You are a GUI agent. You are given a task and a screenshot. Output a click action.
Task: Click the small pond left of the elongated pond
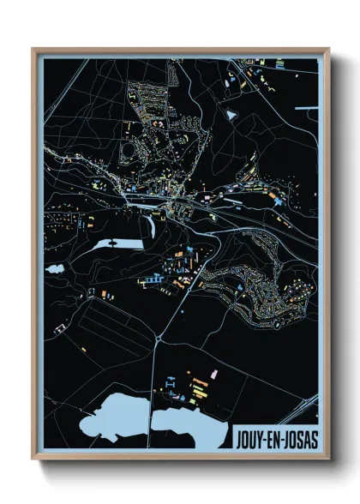(x=55, y=268)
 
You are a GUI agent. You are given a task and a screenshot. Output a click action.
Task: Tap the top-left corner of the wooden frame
(x=34, y=50)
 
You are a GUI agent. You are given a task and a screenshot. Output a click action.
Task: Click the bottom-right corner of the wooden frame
(x=328, y=457)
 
